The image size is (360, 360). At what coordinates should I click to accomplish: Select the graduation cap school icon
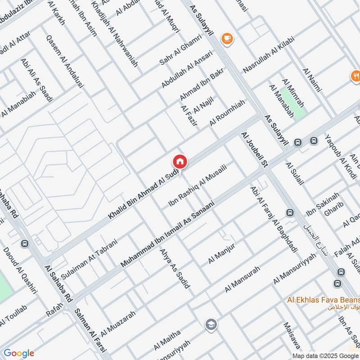coord(210,324)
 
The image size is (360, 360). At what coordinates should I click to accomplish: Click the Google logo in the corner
coord(19,353)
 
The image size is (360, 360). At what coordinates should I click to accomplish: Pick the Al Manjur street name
coord(222,254)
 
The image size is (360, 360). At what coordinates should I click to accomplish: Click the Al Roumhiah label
coord(227,113)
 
